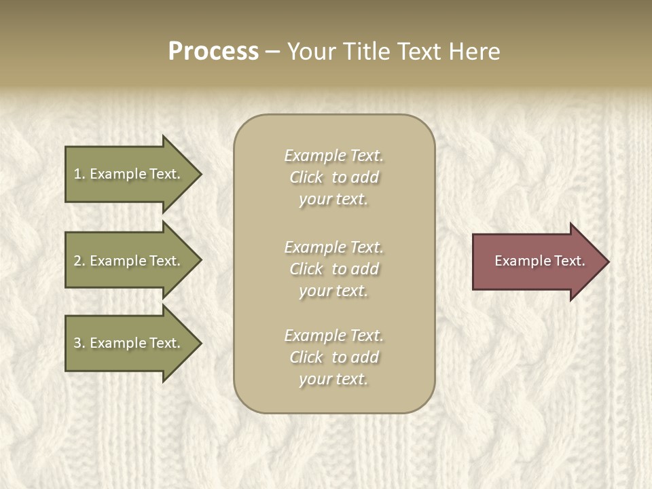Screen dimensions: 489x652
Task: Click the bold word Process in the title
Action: coord(213,52)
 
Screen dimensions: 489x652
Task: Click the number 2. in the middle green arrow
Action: coord(79,261)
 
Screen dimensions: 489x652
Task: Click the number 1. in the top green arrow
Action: coord(79,174)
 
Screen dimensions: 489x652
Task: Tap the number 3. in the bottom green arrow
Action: coord(79,343)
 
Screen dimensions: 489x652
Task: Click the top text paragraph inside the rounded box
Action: coord(333,177)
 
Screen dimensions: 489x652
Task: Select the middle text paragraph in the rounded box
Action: coord(333,269)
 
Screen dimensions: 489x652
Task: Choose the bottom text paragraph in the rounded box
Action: coord(333,357)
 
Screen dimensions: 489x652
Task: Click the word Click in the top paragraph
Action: coord(306,178)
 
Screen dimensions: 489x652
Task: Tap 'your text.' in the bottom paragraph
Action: coord(333,379)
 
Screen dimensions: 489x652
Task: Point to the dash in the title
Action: coord(272,52)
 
